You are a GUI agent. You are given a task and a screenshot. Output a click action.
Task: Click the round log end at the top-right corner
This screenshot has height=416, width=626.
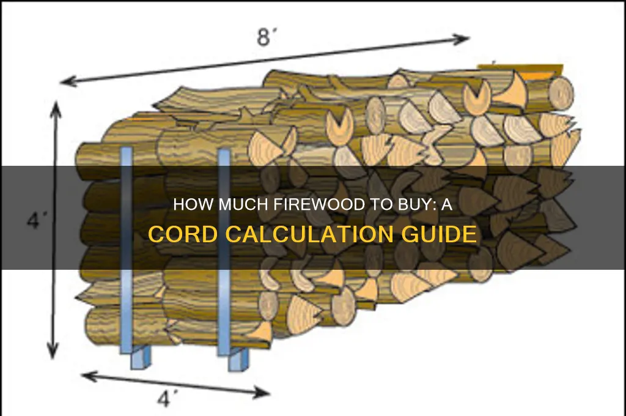(x=559, y=91)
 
